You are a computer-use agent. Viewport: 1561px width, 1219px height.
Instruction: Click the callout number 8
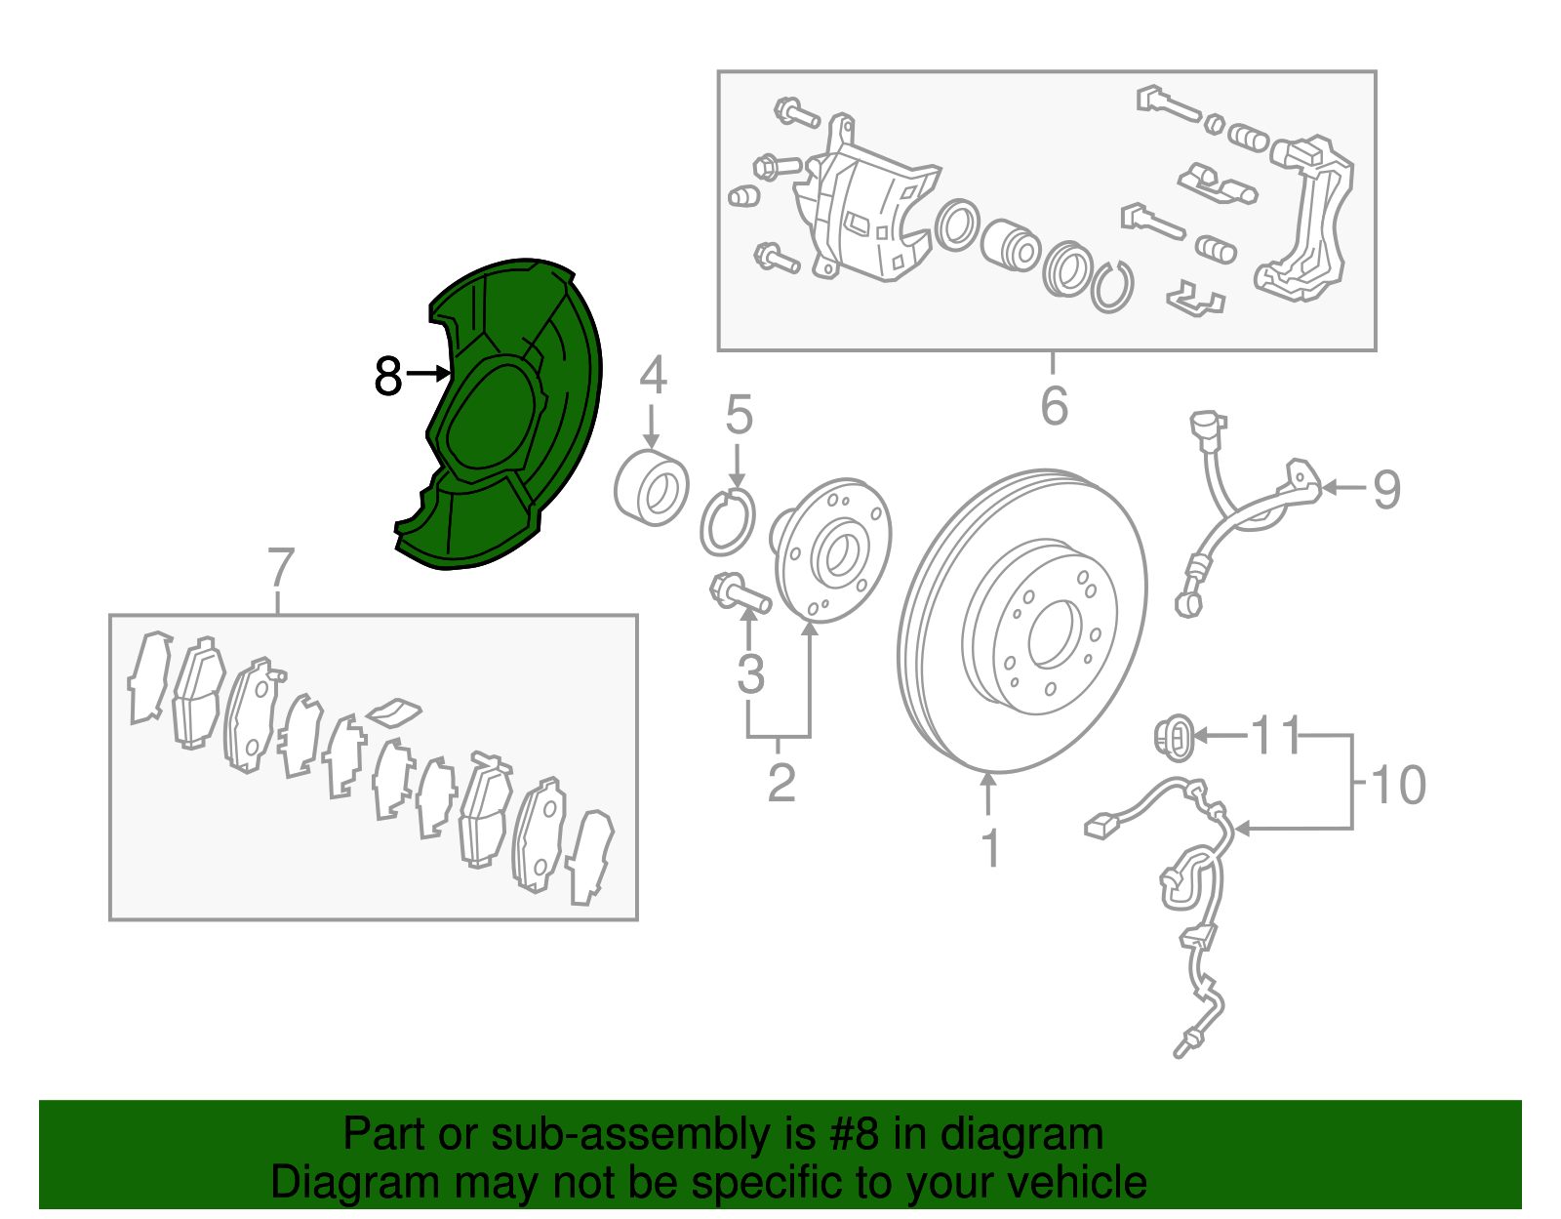[x=388, y=375]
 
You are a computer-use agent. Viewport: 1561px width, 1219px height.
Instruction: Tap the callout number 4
[x=653, y=375]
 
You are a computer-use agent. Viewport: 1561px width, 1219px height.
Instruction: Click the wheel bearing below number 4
[x=652, y=487]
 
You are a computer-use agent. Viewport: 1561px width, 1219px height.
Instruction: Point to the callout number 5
[x=740, y=415]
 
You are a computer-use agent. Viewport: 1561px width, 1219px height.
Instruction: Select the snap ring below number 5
[x=728, y=522]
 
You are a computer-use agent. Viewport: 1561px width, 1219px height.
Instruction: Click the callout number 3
[x=750, y=673]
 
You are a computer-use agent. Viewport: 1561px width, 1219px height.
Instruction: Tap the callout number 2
[x=781, y=783]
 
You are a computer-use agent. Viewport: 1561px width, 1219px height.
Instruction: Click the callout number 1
[x=990, y=847]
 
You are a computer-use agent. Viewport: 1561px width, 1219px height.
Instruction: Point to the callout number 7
[x=281, y=567]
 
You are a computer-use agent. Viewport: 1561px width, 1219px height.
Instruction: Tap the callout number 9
[x=1387, y=490]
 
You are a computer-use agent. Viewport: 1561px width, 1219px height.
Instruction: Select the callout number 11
[x=1276, y=735]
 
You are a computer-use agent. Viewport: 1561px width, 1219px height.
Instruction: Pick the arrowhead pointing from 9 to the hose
[x=1329, y=488]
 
